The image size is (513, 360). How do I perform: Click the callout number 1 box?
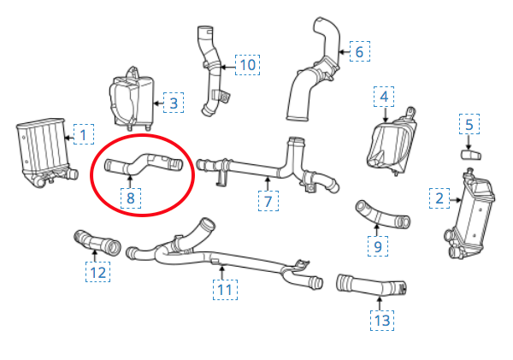click(x=84, y=134)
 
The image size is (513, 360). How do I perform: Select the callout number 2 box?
click(x=439, y=198)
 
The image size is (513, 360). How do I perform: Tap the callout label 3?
click(x=174, y=103)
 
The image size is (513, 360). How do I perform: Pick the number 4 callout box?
click(x=384, y=97)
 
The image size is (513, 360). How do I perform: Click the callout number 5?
click(x=469, y=124)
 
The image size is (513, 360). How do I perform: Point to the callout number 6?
click(x=360, y=51)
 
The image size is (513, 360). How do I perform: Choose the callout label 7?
click(x=268, y=201)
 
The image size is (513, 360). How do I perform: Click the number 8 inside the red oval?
click(x=131, y=198)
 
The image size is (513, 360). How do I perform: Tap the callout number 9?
click(x=378, y=246)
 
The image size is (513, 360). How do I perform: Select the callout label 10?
click(x=248, y=65)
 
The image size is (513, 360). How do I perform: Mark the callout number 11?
click(x=225, y=290)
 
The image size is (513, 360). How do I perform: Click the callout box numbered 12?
click(x=97, y=272)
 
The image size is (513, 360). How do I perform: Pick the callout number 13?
click(x=382, y=321)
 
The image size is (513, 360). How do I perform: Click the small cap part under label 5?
click(x=471, y=155)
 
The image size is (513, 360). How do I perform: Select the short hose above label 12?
click(x=97, y=243)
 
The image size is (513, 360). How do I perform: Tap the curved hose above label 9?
click(x=381, y=215)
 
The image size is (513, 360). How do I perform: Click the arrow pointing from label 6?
click(x=344, y=51)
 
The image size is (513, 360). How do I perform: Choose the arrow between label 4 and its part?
click(x=385, y=115)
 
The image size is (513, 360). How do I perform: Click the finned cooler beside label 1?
click(x=44, y=152)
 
